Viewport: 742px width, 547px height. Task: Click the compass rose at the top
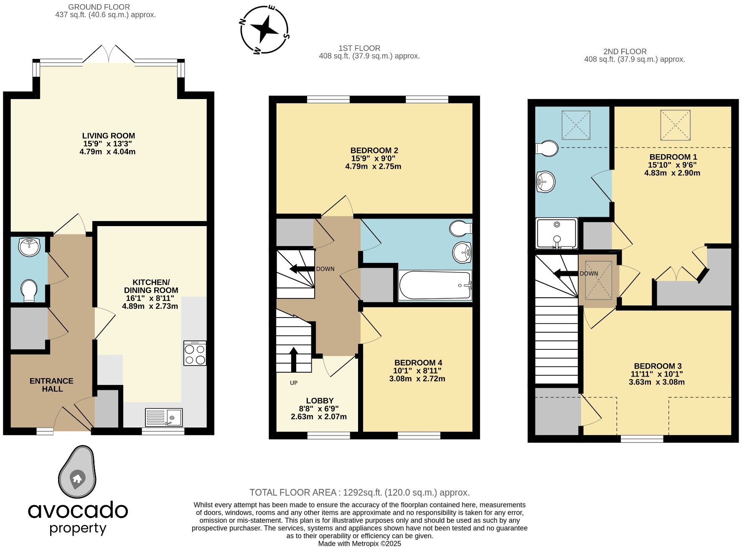click(x=264, y=30)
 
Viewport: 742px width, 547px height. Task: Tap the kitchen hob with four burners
click(x=195, y=354)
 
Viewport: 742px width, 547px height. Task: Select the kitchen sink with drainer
click(x=164, y=417)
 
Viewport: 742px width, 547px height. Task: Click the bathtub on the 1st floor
click(x=435, y=285)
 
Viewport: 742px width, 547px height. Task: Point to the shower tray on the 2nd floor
click(x=556, y=233)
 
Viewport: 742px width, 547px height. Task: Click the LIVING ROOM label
click(x=108, y=136)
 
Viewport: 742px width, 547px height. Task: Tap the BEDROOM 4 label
click(x=418, y=363)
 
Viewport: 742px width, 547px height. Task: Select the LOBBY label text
click(x=320, y=401)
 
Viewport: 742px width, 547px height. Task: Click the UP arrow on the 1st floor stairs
click(x=294, y=359)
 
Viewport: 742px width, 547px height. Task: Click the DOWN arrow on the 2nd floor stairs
click(x=565, y=274)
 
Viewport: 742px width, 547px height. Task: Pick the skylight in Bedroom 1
click(x=675, y=125)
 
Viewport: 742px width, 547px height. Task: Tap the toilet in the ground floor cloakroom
click(x=29, y=290)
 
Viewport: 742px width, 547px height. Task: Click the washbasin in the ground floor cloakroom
click(x=29, y=247)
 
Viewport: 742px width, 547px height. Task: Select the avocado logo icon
click(x=77, y=472)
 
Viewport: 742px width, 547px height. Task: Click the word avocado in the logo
click(x=78, y=510)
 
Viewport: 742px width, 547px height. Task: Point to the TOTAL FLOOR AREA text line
click(x=359, y=493)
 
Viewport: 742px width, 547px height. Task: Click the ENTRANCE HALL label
click(x=52, y=385)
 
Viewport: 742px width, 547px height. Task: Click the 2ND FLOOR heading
click(x=625, y=52)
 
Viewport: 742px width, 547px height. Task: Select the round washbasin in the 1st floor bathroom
click(x=462, y=252)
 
